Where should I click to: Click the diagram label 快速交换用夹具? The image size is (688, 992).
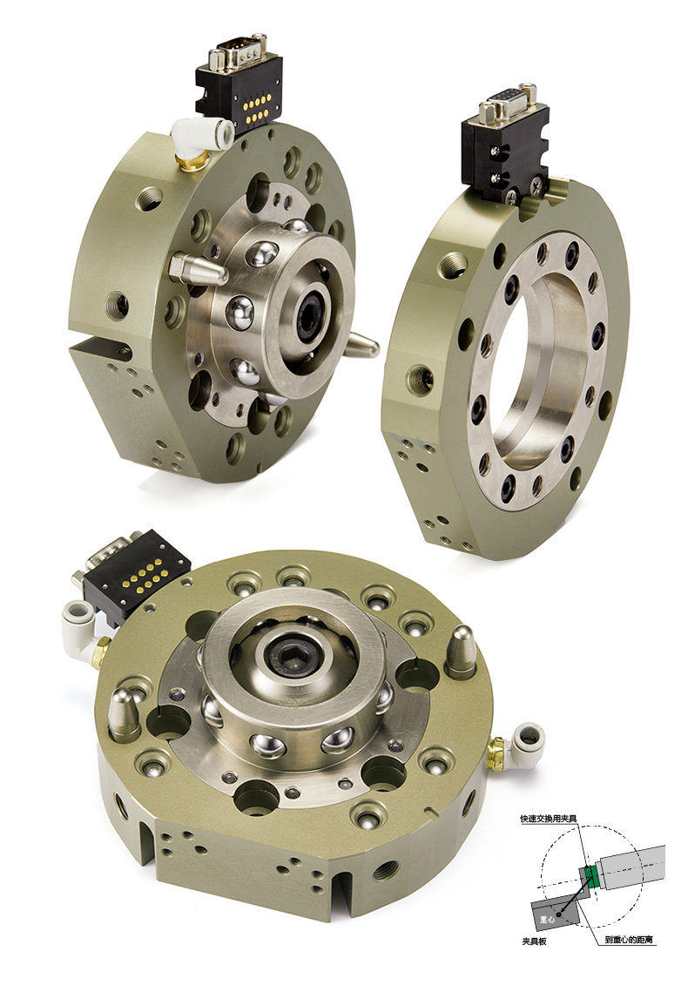(549, 819)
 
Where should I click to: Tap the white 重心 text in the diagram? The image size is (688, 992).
(547, 919)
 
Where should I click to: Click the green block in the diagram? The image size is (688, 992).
(591, 876)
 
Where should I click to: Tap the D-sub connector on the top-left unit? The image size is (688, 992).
(239, 52)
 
